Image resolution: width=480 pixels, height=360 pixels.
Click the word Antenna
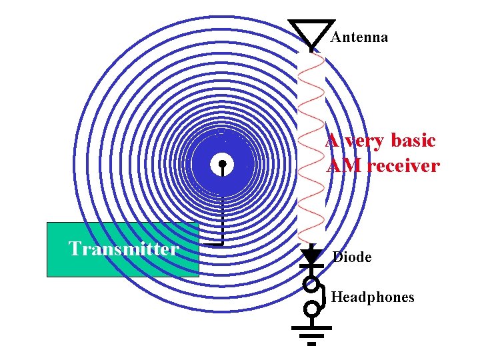[359, 37]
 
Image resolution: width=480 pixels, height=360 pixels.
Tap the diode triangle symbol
[311, 255]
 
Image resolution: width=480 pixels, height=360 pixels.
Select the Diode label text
[352, 257]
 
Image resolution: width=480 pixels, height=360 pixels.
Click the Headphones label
[373, 297]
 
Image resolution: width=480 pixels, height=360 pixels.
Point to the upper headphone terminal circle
[311, 285]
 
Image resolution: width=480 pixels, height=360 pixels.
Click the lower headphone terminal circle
[311, 309]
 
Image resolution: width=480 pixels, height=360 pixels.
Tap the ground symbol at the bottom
[311, 333]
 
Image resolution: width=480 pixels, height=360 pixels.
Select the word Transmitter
[124, 249]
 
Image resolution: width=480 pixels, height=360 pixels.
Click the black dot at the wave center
[222, 163]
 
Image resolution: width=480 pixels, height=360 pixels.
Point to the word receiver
[403, 166]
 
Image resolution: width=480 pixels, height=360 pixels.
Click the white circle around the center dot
[216, 163]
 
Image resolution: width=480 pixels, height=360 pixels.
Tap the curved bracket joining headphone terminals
[323, 297]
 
